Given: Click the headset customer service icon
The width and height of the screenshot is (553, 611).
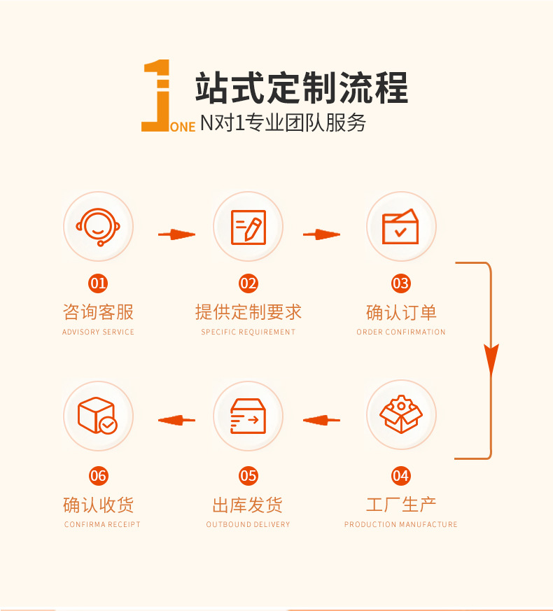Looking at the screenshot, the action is pyautogui.click(x=98, y=226).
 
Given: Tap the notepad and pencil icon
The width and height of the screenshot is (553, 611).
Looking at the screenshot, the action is pyautogui.click(x=248, y=227).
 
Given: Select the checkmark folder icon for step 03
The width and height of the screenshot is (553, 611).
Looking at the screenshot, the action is pyautogui.click(x=400, y=227).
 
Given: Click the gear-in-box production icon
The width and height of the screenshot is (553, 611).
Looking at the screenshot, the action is pyautogui.click(x=400, y=415).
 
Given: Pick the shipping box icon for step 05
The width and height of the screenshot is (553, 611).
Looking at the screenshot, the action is pyautogui.click(x=248, y=416).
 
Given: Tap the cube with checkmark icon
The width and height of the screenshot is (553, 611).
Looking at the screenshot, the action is pyautogui.click(x=98, y=416).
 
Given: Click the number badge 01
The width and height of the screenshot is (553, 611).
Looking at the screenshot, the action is pyautogui.click(x=98, y=283).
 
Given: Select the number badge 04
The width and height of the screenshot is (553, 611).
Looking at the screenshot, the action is pyautogui.click(x=400, y=476).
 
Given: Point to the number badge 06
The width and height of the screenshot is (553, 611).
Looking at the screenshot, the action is pyautogui.click(x=98, y=476).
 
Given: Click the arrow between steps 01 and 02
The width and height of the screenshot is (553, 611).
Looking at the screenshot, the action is pyautogui.click(x=176, y=234).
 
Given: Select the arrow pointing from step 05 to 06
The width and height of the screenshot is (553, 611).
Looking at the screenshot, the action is pyautogui.click(x=176, y=420).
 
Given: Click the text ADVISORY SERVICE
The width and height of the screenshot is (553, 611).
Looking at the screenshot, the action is pyautogui.click(x=98, y=332).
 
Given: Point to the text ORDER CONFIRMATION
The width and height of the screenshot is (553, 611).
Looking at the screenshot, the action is pyautogui.click(x=400, y=332).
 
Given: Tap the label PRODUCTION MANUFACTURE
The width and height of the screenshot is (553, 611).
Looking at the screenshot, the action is pyautogui.click(x=400, y=524).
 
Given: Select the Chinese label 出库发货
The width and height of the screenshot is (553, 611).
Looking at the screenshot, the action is pyautogui.click(x=248, y=505).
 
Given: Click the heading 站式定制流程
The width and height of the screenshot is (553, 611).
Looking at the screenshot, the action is pyautogui.click(x=301, y=88).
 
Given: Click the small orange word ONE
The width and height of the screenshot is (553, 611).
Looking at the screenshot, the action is pyautogui.click(x=183, y=127).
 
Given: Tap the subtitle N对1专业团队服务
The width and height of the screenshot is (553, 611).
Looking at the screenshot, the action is pyautogui.click(x=283, y=123).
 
